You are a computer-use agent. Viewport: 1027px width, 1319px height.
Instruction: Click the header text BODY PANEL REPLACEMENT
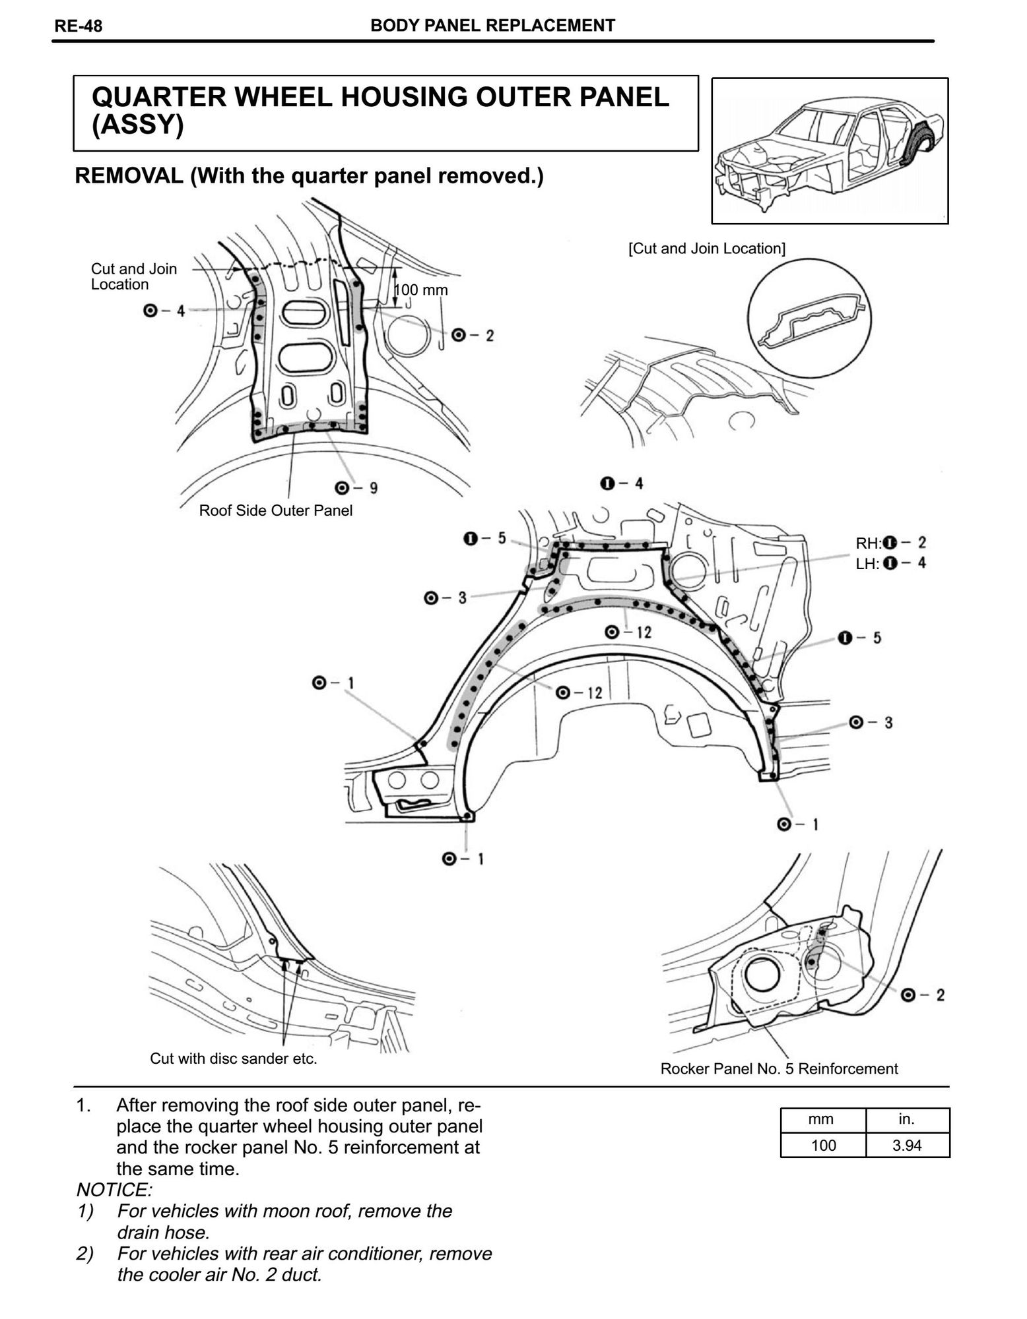click(492, 26)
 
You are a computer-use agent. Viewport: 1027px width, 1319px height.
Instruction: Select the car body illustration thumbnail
click(829, 150)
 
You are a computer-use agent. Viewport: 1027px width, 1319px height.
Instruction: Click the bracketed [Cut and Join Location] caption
click(706, 249)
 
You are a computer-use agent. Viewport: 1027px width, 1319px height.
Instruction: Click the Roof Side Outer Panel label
click(275, 510)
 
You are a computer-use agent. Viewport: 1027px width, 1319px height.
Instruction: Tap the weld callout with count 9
click(356, 488)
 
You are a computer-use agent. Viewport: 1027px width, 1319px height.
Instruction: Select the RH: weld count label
click(890, 543)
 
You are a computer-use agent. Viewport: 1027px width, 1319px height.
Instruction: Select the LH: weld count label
click(890, 564)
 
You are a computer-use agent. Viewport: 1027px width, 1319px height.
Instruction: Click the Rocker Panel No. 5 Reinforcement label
click(779, 1068)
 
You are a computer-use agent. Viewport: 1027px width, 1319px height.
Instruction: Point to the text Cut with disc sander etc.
click(234, 1058)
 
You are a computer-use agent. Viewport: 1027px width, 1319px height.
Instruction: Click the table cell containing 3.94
click(907, 1145)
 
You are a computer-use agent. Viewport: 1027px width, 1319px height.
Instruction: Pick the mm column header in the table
click(822, 1119)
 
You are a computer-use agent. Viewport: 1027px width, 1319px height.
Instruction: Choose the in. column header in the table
click(907, 1119)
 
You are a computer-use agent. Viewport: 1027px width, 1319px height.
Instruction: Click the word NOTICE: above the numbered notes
click(114, 1190)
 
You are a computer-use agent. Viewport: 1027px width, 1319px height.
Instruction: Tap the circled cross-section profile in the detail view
click(810, 320)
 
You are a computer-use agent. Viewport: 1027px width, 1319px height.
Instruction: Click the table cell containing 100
click(822, 1145)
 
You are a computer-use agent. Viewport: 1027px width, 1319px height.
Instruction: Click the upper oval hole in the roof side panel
click(304, 311)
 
